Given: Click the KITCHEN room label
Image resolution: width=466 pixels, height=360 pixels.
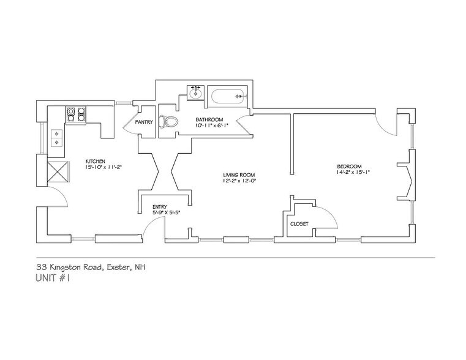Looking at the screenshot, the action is pyautogui.click(x=95, y=161).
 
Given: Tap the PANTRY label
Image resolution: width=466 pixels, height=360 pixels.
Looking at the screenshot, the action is pyautogui.click(x=144, y=122).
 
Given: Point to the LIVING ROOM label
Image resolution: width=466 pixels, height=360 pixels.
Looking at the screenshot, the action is pyautogui.click(x=239, y=175).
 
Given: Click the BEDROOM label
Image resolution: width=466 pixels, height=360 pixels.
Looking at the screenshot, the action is pyautogui.click(x=349, y=167).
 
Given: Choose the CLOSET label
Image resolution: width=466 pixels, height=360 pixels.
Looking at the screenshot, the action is pyautogui.click(x=299, y=224).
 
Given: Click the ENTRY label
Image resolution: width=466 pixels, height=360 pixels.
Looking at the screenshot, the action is pyautogui.click(x=160, y=207).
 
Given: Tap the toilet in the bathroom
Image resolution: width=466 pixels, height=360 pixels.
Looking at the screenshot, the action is pyautogui.click(x=168, y=121).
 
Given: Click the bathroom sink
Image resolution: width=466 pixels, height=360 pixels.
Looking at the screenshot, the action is pyautogui.click(x=195, y=92).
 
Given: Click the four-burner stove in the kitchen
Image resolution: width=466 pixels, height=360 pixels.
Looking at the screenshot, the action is pyautogui.click(x=76, y=114).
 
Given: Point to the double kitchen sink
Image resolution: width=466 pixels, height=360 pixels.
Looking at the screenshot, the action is pyautogui.click(x=56, y=138).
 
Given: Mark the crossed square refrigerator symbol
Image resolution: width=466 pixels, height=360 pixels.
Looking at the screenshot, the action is pyautogui.click(x=58, y=171).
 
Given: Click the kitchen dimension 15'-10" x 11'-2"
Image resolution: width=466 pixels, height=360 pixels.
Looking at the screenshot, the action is pyautogui.click(x=103, y=167).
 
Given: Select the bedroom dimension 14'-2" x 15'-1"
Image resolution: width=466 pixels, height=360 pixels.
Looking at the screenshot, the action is pyautogui.click(x=353, y=172).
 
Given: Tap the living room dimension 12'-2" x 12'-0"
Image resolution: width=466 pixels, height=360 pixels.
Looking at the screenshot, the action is pyautogui.click(x=239, y=180).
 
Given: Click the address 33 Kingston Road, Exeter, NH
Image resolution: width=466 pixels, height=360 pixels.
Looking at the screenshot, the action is pyautogui.click(x=91, y=267).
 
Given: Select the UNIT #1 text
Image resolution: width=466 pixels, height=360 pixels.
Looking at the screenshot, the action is pyautogui.click(x=53, y=279).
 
